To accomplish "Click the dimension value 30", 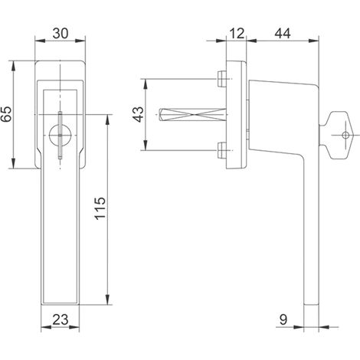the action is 61,34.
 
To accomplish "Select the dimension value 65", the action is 6,114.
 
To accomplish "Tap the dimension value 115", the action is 100,208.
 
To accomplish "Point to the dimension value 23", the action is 61,319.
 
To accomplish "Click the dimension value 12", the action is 237,34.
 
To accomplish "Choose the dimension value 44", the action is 283,34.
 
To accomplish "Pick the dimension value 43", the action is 139,114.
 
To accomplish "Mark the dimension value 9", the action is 283,319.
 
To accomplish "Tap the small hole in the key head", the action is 345,136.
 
